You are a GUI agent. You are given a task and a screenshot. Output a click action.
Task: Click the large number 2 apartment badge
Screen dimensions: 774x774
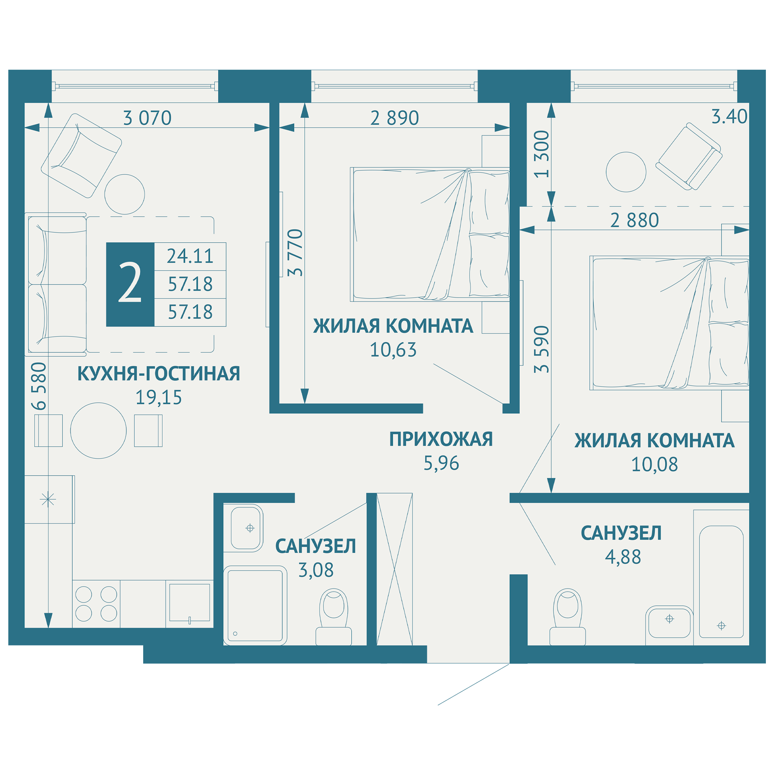point(130,284)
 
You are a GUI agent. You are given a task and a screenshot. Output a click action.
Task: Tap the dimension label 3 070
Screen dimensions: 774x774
point(147,118)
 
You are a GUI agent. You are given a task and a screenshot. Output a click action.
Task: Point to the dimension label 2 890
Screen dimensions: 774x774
point(395,118)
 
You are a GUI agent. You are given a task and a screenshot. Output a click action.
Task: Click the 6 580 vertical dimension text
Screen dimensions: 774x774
point(39,386)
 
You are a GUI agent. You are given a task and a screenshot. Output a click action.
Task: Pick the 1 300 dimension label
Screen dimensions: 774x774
point(542,154)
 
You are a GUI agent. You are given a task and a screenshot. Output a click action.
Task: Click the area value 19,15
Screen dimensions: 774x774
point(159,397)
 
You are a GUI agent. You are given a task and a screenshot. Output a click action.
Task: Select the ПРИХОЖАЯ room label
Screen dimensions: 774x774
point(441,439)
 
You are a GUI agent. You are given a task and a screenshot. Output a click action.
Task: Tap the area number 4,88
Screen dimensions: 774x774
point(623,557)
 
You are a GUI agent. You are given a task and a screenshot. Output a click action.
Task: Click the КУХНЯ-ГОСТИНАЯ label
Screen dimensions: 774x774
point(159,373)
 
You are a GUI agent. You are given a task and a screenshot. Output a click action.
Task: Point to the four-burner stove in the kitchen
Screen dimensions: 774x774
point(96,604)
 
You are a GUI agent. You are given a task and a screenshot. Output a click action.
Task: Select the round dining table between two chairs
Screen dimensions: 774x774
point(99,431)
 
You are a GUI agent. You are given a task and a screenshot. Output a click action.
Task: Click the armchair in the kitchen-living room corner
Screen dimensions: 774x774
point(81,156)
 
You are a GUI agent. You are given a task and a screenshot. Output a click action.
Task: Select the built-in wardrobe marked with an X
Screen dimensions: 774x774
point(395,569)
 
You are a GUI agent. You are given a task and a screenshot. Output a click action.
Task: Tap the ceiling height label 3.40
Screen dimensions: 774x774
point(729,116)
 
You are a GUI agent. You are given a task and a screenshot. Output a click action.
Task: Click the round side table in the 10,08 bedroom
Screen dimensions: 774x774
point(626,172)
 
